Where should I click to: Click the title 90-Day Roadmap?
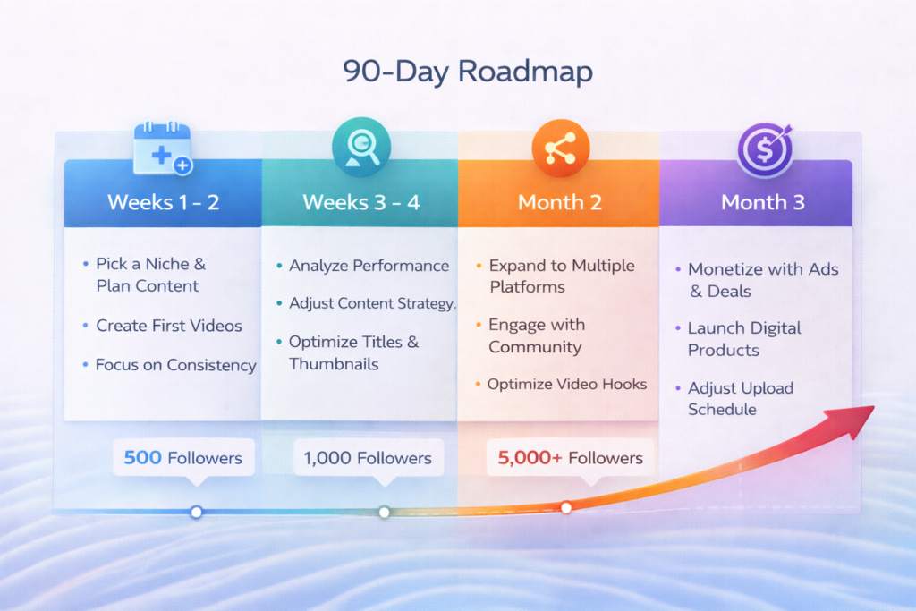tap(468, 72)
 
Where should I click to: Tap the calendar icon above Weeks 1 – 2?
tap(163, 149)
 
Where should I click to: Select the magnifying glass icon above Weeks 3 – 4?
tap(360, 148)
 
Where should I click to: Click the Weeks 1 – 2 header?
tap(163, 201)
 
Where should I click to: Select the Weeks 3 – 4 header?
tap(360, 201)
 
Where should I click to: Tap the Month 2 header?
tap(560, 201)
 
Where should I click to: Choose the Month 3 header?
tap(763, 201)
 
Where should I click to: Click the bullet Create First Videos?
tap(168, 326)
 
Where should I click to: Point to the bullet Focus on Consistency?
tap(175, 365)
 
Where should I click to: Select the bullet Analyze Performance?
tap(368, 266)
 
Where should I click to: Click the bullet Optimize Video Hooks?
tap(566, 385)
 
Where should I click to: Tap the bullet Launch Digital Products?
tap(743, 339)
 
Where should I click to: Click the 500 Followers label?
tap(183, 458)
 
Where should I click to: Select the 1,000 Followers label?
tap(368, 458)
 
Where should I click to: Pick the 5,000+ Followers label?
tap(570, 458)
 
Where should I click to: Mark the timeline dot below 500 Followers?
tap(196, 512)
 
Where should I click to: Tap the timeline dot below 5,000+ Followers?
tap(566, 507)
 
